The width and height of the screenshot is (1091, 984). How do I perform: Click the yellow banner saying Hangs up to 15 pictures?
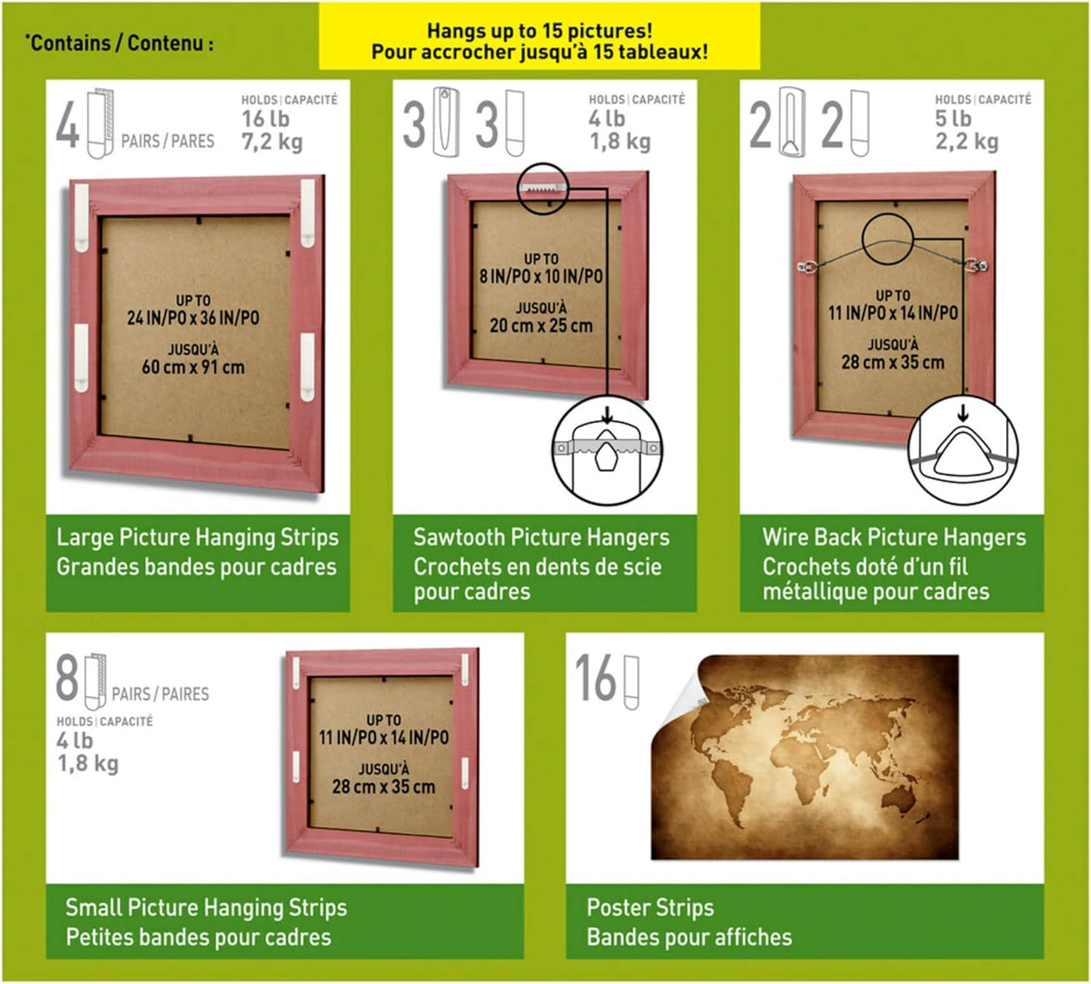539,36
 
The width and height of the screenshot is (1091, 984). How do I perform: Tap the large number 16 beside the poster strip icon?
595,678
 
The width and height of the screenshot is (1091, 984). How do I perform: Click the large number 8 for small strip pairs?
67,678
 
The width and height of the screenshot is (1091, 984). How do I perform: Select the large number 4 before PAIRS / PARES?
68,125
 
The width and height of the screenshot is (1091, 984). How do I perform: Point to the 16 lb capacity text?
266,119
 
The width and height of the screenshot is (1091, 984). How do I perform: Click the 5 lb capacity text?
953,118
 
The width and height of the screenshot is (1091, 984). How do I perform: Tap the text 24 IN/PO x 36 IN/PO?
193,317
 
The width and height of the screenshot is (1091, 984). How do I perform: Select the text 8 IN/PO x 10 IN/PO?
541,276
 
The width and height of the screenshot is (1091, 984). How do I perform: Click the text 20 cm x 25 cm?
541,325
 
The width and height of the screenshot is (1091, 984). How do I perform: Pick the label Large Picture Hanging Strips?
197,537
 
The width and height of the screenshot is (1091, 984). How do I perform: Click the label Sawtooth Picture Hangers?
541,537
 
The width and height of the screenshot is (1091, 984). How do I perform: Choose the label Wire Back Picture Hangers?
894,537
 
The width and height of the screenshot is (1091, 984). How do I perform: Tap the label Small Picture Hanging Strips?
206,907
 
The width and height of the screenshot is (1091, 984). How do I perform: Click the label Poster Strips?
650,907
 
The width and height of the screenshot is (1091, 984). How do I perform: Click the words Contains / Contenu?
119,43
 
